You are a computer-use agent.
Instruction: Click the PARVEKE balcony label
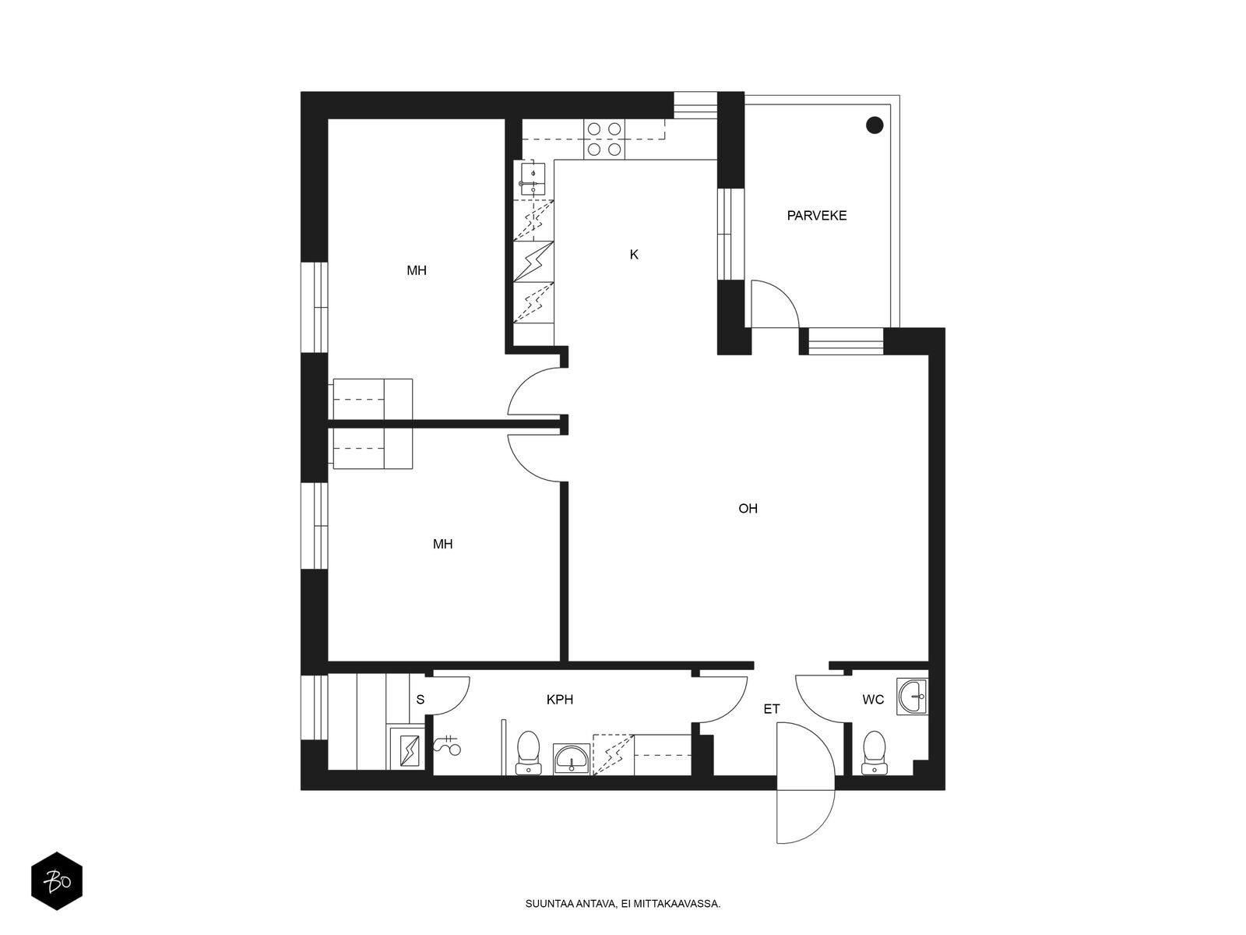(x=816, y=216)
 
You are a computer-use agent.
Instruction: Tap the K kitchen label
(x=634, y=255)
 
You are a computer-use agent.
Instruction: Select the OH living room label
(x=748, y=509)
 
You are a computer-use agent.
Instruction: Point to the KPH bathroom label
(x=560, y=700)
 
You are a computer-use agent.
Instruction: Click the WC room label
(x=873, y=700)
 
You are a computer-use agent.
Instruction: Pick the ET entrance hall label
(x=772, y=709)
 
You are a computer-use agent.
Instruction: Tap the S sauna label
(x=420, y=700)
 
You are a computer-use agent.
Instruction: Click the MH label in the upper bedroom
(x=417, y=271)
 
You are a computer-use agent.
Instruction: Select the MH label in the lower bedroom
(x=443, y=545)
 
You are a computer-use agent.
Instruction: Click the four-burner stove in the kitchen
(x=604, y=139)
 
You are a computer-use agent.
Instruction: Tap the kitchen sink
(x=533, y=179)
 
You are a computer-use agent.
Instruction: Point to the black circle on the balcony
(x=875, y=125)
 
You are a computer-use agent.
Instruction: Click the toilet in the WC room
(x=874, y=753)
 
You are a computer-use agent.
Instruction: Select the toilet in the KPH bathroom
(x=528, y=753)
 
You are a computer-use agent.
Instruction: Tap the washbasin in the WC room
(x=912, y=696)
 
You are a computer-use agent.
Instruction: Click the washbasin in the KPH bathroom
(x=572, y=760)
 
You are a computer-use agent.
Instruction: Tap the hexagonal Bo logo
(x=57, y=881)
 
